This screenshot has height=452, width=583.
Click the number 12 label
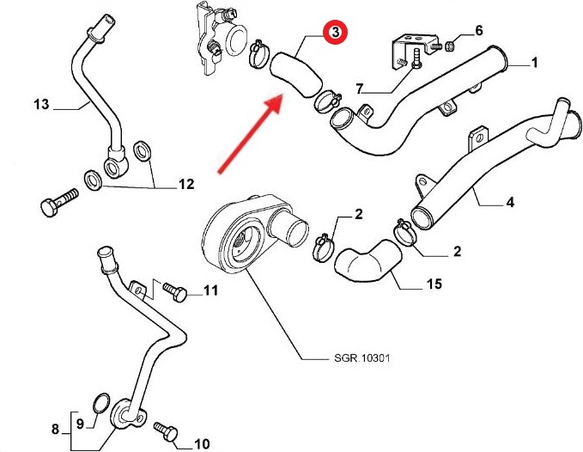click(x=185, y=184)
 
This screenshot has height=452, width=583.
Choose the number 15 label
click(x=434, y=284)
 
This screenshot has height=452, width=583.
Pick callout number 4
click(x=510, y=204)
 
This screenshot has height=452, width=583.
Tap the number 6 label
click(x=479, y=31)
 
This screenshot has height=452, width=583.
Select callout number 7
click(x=360, y=89)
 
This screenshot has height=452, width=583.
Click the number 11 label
click(x=210, y=291)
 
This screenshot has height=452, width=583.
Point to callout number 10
click(x=202, y=444)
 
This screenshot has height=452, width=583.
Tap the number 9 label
click(x=80, y=423)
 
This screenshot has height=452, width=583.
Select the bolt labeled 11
click(x=174, y=292)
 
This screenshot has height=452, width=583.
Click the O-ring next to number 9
click(x=100, y=403)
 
